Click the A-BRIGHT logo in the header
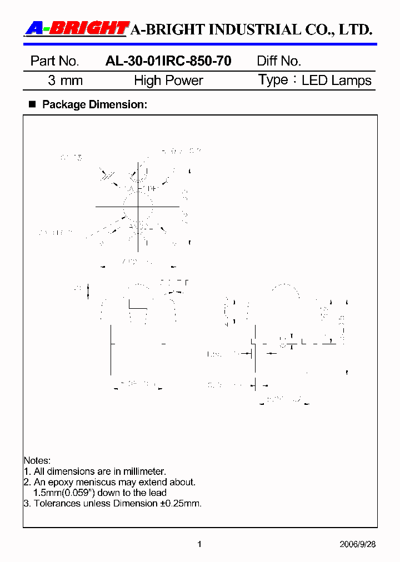(77, 28)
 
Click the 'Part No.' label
(54, 61)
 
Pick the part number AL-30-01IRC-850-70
(168, 61)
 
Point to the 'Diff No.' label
(279, 61)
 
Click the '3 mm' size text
(65, 81)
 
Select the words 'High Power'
(168, 81)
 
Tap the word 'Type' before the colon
(273, 80)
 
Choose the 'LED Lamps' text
(336, 81)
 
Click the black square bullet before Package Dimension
(32, 104)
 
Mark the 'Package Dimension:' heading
(94, 104)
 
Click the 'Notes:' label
(37, 460)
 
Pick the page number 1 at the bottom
(199, 544)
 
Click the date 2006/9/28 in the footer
(357, 544)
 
